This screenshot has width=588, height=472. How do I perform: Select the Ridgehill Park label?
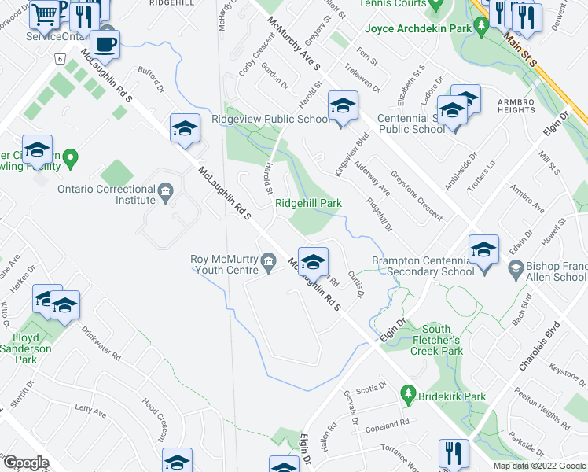tap(308, 203)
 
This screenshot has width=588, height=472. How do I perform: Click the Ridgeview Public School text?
tap(271, 120)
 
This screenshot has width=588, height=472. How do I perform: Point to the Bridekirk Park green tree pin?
tap(407, 392)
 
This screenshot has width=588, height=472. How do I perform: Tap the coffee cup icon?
tap(105, 44)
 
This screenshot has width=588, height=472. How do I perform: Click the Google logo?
tap(27, 463)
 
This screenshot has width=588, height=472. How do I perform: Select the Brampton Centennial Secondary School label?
tap(424, 266)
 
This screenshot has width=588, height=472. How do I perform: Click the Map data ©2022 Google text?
tap(540, 466)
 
